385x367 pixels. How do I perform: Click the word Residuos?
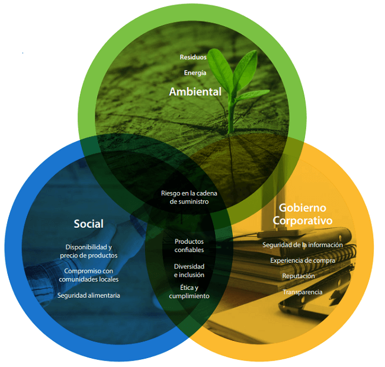(192, 58)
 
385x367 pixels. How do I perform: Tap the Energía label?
(195, 72)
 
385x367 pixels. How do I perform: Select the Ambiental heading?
(195, 92)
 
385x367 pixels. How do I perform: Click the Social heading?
(88, 224)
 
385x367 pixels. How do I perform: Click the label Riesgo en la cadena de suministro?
(189, 197)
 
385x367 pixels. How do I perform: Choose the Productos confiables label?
(189, 245)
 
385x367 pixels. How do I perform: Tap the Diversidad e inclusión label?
(189, 270)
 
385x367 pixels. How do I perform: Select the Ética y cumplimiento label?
(189, 292)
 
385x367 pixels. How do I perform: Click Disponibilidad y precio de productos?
(89, 251)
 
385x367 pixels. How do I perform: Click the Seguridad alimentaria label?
(89, 295)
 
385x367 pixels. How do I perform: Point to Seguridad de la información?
(303, 245)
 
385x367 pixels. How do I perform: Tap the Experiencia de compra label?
(303, 260)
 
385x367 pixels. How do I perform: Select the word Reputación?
(299, 276)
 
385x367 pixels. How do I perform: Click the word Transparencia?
(303, 292)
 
